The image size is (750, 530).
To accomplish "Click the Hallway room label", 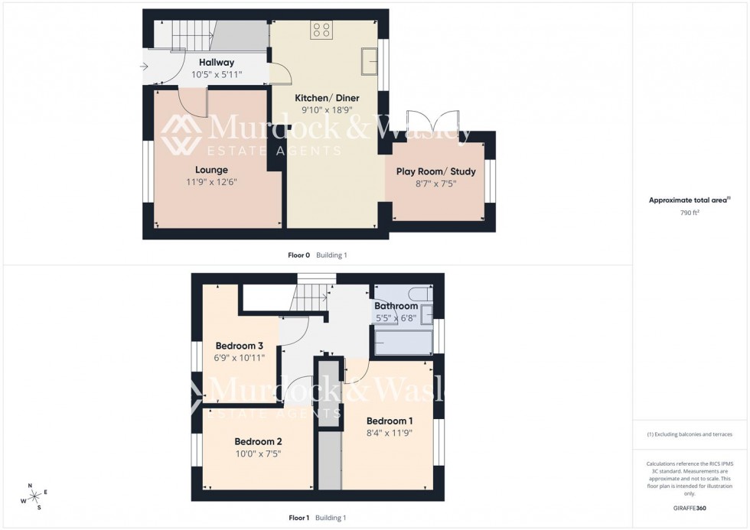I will pos(217,62).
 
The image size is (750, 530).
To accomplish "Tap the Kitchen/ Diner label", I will pos(327,98).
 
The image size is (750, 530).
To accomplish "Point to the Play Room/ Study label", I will pos(435,171).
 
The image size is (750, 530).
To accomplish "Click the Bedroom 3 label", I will pos(239,345).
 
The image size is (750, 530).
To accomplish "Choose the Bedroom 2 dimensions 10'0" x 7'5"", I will pos(259,454).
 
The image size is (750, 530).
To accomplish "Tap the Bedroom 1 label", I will pos(390,421).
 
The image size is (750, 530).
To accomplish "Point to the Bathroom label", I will pos(396,306).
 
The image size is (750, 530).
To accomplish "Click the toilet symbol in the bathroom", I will pos(418,294).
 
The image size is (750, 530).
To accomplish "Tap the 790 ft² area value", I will pos(690,213).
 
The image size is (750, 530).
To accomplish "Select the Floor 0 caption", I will pos(298,255).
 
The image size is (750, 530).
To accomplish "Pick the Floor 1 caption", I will pos(298,518).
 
